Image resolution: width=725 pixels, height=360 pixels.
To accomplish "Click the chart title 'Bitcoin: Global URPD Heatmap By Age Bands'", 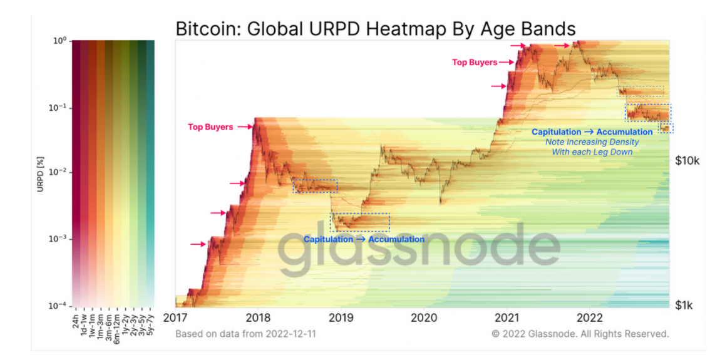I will click(375, 29).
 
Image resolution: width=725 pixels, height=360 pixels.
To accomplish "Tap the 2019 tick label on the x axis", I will click(341, 317).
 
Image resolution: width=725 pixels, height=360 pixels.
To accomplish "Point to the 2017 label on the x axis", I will click(176, 317).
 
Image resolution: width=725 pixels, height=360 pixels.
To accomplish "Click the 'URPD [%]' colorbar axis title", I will click(40, 172).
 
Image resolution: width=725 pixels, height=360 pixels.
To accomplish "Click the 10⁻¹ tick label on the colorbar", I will click(58, 108).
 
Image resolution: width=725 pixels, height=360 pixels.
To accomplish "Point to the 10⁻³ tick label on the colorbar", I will click(58, 239).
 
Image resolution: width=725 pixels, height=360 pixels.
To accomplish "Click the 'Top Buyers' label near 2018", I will click(210, 127).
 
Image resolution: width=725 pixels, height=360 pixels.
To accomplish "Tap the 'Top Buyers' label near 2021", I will click(475, 63).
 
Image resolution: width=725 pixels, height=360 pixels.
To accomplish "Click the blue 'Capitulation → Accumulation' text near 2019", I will click(364, 239).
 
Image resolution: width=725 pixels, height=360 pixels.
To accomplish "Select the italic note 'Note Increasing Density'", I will click(592, 142).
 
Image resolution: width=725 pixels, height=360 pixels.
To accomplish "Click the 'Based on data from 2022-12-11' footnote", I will click(245, 334).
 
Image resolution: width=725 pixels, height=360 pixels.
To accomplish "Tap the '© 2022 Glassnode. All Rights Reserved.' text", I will click(580, 334).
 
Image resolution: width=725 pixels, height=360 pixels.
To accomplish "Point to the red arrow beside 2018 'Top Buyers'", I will click(244, 127).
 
